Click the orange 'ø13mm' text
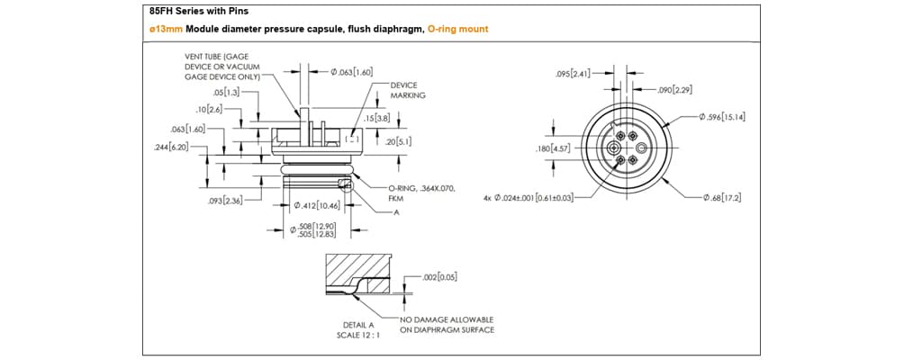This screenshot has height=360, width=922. (x=166, y=29)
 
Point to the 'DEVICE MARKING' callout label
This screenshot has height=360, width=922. (x=409, y=90)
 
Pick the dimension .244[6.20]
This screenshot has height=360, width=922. (x=173, y=146)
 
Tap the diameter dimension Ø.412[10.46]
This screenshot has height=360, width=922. (x=317, y=206)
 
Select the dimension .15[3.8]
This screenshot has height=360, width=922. (x=375, y=118)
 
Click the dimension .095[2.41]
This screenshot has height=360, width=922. (x=574, y=73)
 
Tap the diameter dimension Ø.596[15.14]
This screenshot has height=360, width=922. (x=723, y=117)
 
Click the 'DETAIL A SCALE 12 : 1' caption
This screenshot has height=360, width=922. (x=359, y=329)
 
